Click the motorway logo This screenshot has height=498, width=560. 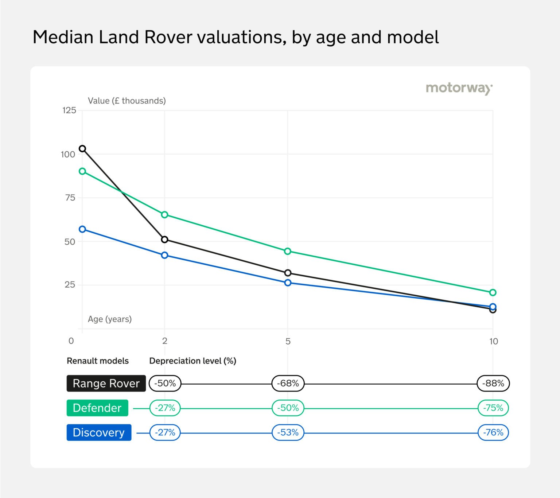(459, 88)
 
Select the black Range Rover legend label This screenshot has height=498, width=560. (106, 383)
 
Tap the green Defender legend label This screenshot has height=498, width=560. (97, 408)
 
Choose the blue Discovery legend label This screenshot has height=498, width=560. (99, 432)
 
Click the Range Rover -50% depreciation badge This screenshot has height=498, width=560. (165, 383)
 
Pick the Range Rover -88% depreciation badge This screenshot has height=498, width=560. (493, 383)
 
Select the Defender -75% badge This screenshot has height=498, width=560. (493, 408)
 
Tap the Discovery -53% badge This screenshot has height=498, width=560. (288, 432)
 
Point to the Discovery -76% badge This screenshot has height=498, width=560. (493, 432)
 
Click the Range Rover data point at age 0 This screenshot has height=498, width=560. (82, 149)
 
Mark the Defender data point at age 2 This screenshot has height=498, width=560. (164, 215)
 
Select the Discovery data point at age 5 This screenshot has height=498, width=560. (288, 283)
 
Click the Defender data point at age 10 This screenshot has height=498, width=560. (493, 292)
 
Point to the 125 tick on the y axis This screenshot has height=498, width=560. (69, 110)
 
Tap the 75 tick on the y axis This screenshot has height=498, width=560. (70, 198)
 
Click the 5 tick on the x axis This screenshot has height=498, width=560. (288, 341)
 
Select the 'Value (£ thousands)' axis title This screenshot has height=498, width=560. (127, 101)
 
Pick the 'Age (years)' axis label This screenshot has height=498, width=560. (110, 319)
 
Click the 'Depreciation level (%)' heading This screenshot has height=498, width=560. (192, 361)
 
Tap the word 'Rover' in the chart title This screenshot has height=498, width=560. (168, 37)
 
